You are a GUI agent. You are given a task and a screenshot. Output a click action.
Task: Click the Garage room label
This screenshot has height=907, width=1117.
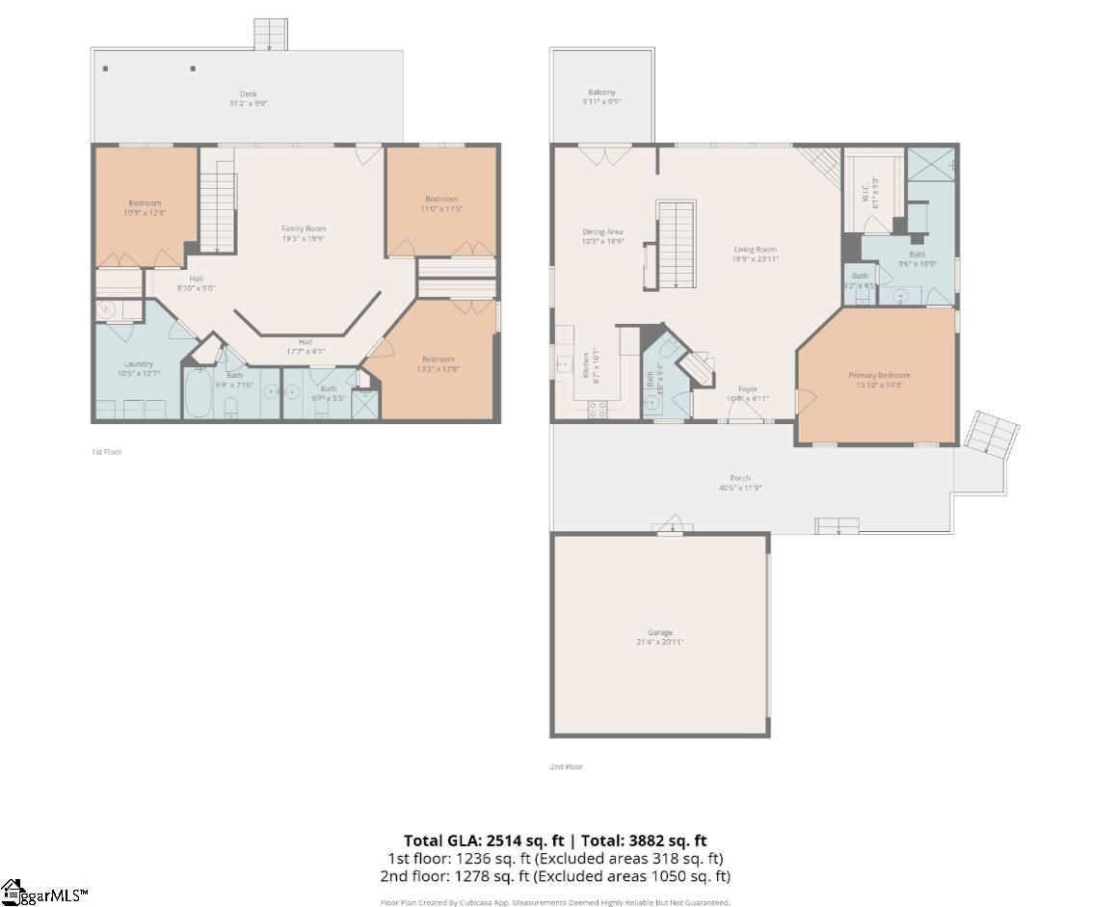click(660, 632)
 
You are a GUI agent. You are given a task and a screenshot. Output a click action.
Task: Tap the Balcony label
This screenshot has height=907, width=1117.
click(601, 93)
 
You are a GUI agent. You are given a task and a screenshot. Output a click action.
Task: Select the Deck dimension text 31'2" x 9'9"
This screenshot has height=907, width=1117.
click(248, 103)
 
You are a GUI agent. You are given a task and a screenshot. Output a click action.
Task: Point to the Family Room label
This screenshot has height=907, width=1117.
click(304, 228)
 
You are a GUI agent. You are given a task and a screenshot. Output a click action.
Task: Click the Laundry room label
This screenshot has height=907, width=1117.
click(138, 363)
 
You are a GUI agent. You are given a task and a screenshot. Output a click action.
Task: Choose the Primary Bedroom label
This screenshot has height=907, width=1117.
click(879, 375)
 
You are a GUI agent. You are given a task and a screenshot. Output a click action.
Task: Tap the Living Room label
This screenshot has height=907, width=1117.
click(755, 249)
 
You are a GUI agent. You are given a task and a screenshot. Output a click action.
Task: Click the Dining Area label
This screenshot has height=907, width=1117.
click(602, 231)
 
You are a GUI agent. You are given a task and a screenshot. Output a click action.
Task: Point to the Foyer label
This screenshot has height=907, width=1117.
click(748, 389)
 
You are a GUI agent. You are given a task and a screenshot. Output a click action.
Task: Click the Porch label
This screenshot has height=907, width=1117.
click(739, 478)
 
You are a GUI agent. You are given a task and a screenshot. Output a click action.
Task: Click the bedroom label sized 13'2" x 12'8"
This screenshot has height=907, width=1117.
click(438, 360)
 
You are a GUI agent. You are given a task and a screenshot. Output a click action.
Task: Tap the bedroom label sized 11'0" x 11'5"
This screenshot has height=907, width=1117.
click(441, 199)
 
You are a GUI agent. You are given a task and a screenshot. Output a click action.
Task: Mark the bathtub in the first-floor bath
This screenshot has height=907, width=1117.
click(199, 395)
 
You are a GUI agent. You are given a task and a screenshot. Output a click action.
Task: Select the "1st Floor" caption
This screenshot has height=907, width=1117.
click(106, 451)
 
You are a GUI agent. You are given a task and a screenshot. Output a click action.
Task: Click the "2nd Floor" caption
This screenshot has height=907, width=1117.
click(567, 766)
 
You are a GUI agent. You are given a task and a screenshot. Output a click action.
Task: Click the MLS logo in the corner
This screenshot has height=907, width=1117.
click(44, 894)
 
